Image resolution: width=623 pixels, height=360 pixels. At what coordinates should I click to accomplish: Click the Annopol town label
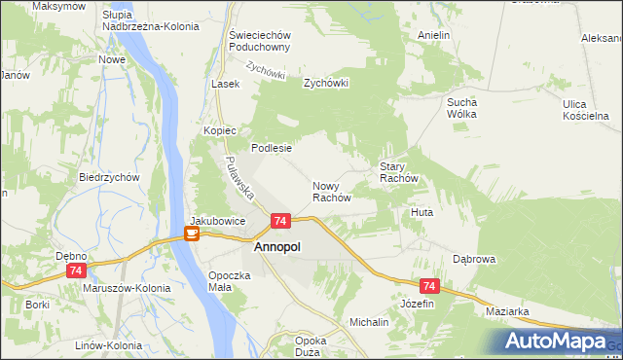pyautogui.click(x=276, y=247)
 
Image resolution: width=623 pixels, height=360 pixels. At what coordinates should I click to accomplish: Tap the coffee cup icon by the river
pyautogui.click(x=192, y=234)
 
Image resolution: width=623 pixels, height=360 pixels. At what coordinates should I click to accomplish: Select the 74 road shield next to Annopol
pyautogui.click(x=279, y=222)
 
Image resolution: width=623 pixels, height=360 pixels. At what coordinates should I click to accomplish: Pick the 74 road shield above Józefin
pyautogui.click(x=429, y=286)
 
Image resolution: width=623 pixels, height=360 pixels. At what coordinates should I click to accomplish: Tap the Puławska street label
pyautogui.click(x=238, y=175)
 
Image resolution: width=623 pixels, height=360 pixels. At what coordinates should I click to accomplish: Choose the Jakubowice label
pyautogui.click(x=217, y=221)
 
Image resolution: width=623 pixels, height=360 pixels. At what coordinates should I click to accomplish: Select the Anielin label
pyautogui.click(x=433, y=35)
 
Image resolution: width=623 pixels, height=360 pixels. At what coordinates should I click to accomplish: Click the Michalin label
pyautogui.click(x=369, y=321)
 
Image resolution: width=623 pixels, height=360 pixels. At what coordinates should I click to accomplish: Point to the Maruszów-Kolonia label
pyautogui.click(x=127, y=288)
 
